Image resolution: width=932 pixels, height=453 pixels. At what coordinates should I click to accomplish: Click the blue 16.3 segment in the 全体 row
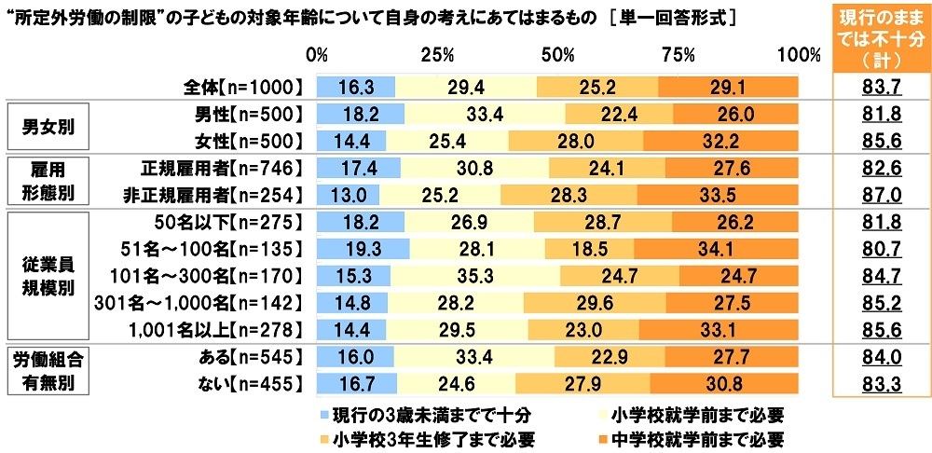tap(355, 87)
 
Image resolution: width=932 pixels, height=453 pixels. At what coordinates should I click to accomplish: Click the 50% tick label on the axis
tap(556, 55)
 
